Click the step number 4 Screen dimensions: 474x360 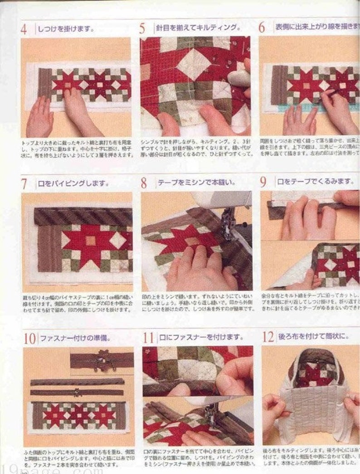24,29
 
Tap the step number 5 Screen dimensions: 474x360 142,29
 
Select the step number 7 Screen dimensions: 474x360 24,184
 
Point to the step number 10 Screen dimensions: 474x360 29,338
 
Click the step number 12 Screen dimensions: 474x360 268,337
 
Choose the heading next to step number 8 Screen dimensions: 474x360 196,183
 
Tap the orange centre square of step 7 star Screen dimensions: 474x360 91,240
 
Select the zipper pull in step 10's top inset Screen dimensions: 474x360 101,361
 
